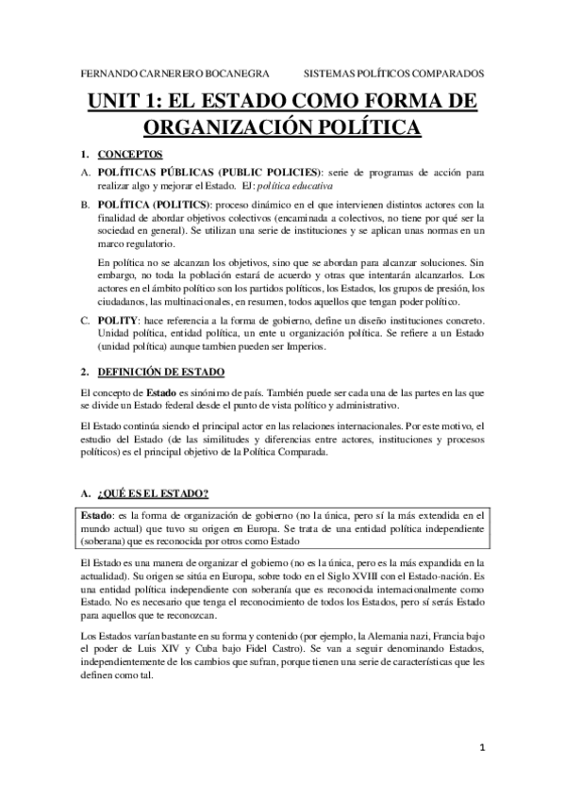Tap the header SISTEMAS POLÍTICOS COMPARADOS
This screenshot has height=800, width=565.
(395, 73)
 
